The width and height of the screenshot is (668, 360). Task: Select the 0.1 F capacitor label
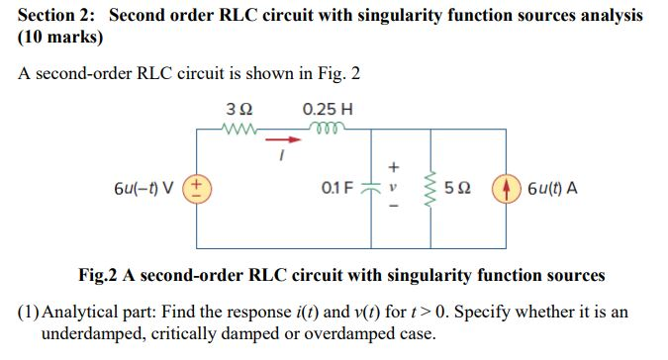click(337, 186)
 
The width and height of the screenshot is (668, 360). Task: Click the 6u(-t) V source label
click(146, 186)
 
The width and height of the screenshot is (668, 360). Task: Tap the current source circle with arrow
click(507, 186)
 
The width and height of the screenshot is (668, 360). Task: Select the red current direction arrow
click(282, 139)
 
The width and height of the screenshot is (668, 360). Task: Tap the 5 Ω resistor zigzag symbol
click(429, 186)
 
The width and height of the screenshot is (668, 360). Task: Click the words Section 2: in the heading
click(58, 16)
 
